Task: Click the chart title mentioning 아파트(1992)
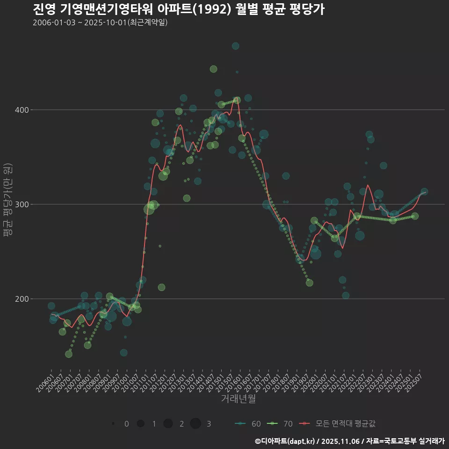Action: pos(179,9)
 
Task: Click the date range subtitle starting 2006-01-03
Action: pos(100,22)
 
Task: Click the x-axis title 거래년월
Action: pos(238,399)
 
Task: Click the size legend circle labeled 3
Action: pos(196,424)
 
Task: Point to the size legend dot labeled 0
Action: pos(113,424)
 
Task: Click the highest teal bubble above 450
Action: pos(236,46)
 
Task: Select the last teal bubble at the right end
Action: pos(424,192)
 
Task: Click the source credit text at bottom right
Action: pos(350,441)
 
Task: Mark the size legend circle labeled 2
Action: pos(168,424)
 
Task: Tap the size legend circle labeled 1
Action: pos(140,424)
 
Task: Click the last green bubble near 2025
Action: pos(415,216)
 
